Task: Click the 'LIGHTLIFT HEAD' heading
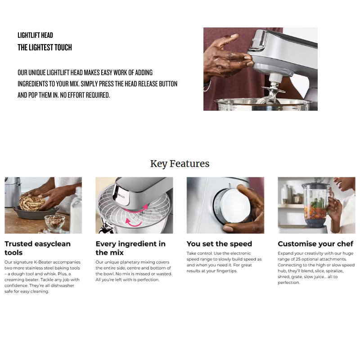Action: (35, 35)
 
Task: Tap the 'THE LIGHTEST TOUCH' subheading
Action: (45, 48)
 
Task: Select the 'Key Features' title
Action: (180, 164)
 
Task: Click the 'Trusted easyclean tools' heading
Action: (38, 248)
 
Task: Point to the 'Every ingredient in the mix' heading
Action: (130, 248)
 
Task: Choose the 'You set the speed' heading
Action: (219, 243)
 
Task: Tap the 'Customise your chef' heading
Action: (315, 243)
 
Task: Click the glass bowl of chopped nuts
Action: (55, 222)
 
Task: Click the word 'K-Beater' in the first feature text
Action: (43, 262)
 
